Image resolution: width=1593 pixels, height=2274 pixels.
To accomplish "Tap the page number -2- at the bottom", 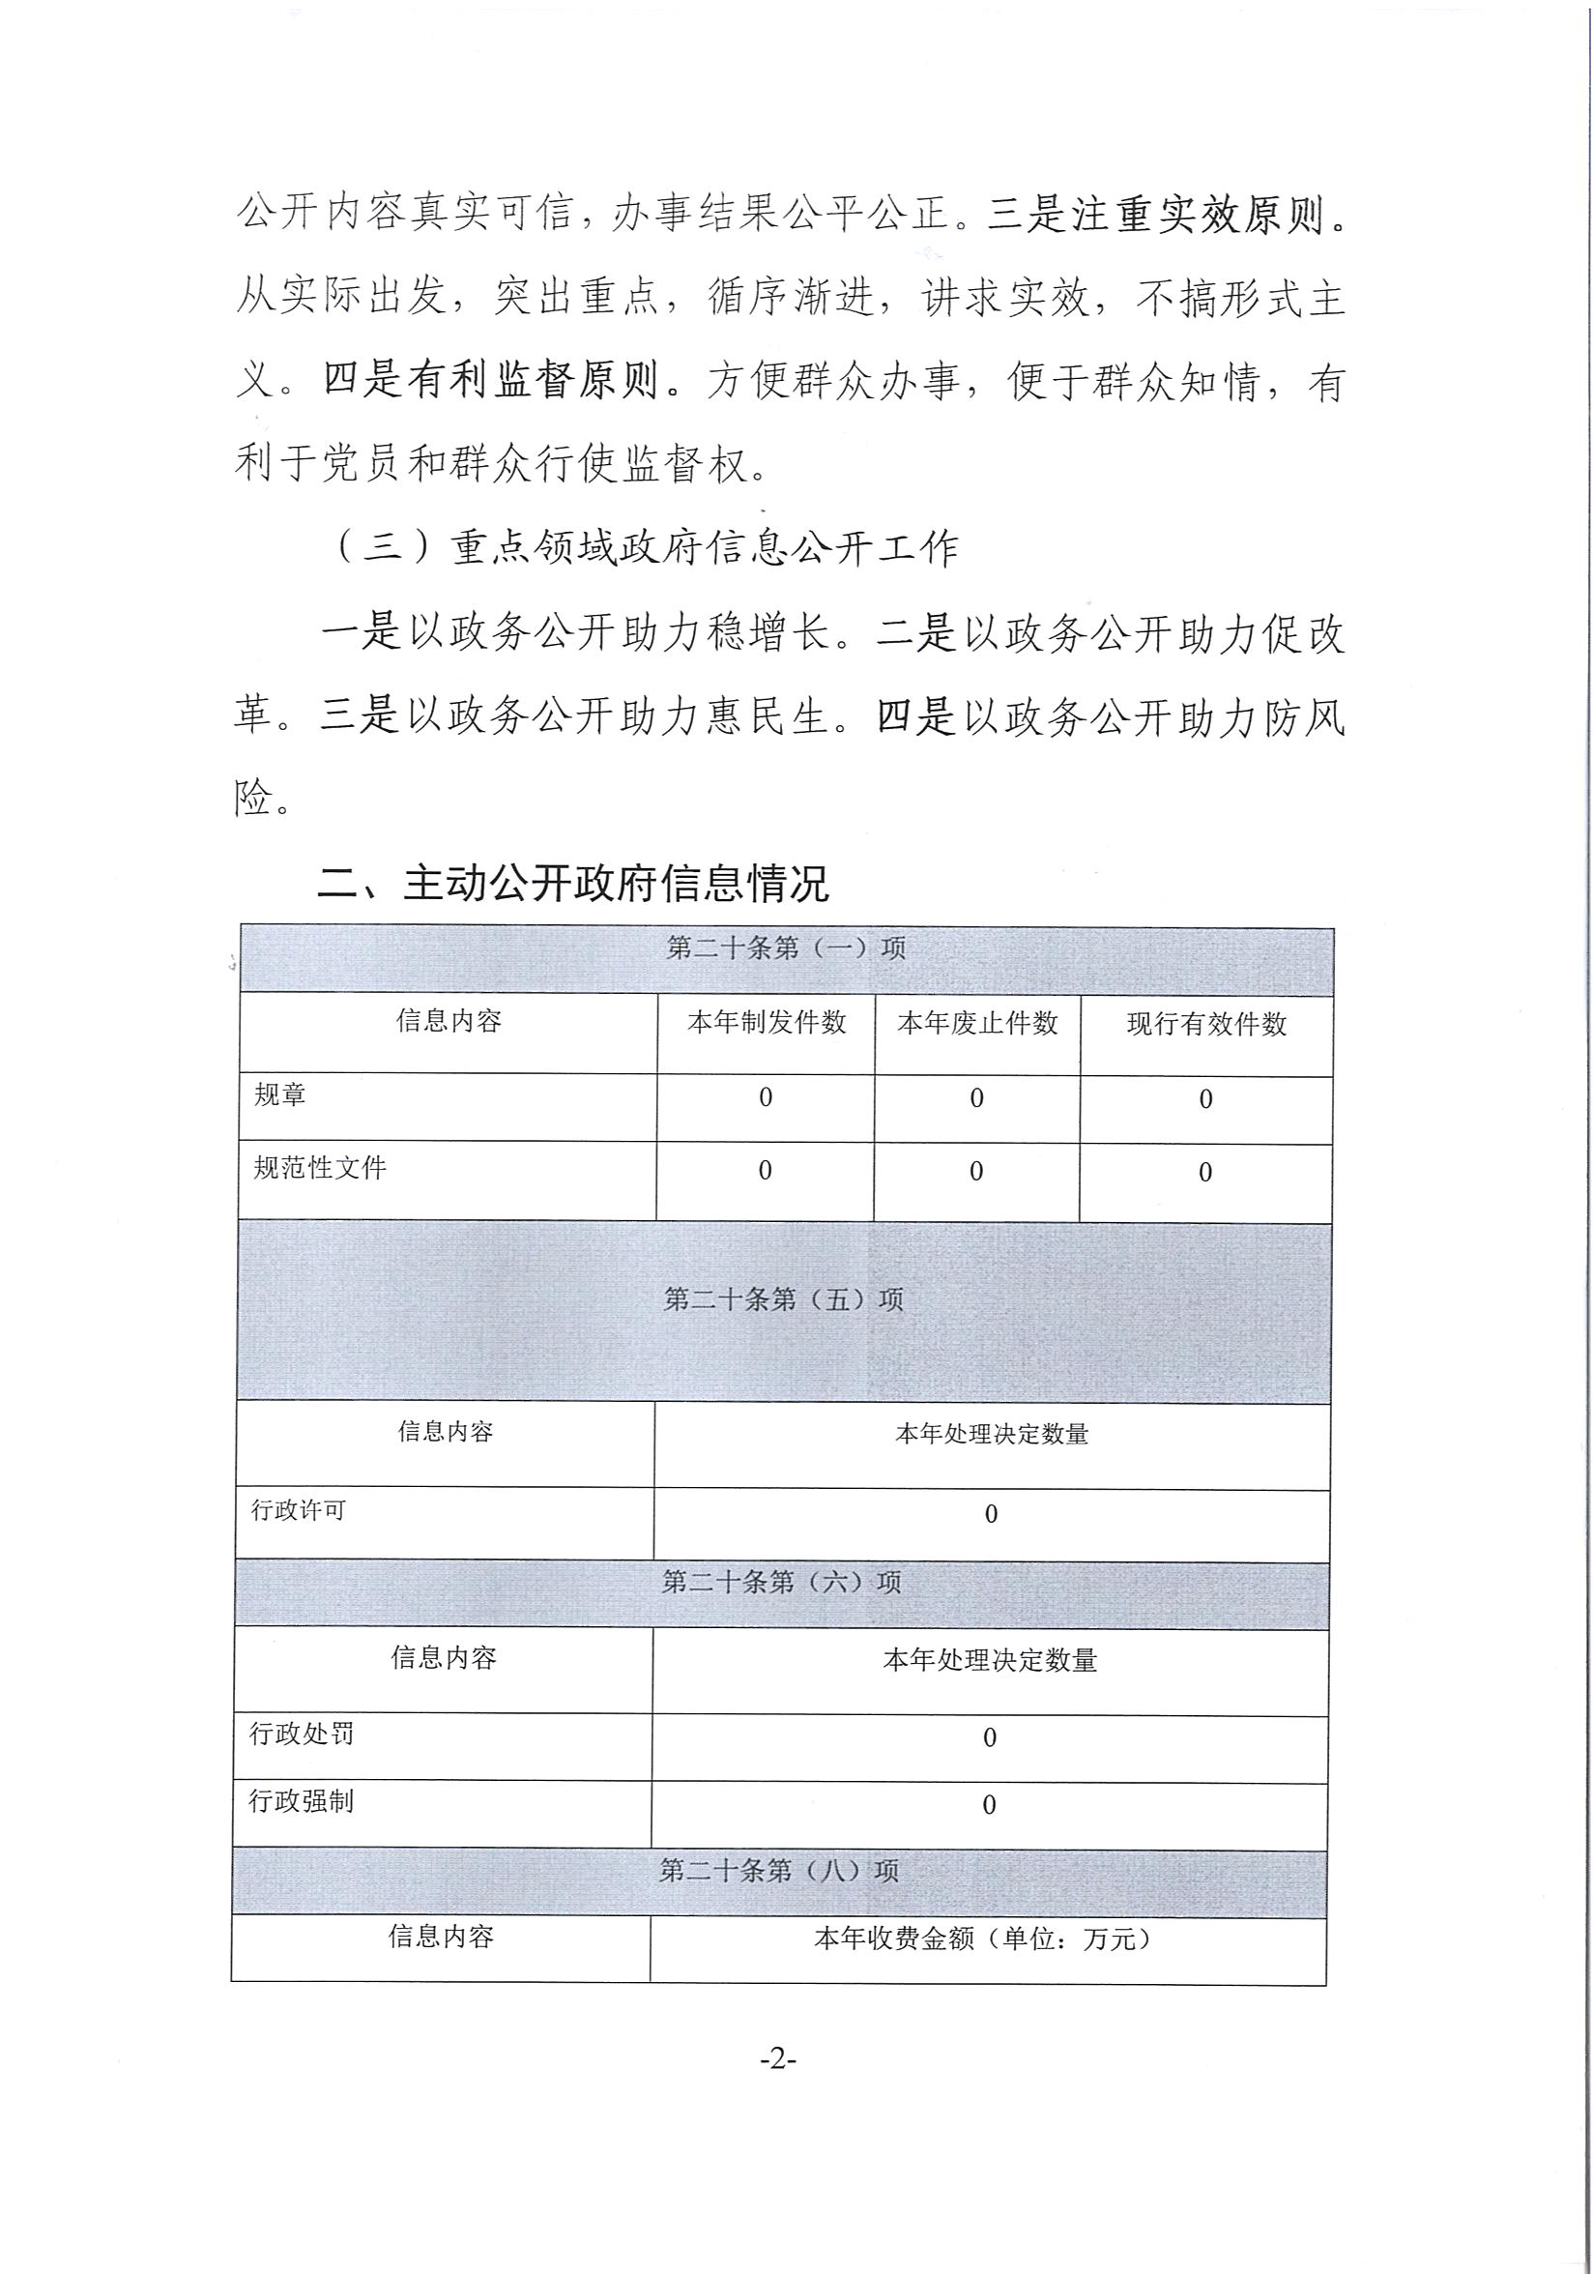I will pos(778,2058).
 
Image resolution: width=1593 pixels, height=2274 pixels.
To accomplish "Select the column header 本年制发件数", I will pos(767,1022).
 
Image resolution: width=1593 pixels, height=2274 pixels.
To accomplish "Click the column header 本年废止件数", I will pos(977,1023).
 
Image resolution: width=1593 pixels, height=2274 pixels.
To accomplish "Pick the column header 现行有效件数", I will pos(1206,1024).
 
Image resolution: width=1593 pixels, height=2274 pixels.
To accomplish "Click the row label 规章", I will pos(280,1094).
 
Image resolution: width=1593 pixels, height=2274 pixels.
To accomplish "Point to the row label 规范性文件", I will pos(320,1168).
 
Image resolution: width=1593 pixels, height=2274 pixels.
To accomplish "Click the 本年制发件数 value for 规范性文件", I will pos(765,1171).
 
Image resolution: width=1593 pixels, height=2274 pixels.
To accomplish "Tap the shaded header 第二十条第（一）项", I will pos(786,947).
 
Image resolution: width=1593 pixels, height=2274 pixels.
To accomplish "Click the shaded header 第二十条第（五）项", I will pos(783,1298).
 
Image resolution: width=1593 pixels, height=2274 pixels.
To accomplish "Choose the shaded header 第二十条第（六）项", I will pos(781,1582).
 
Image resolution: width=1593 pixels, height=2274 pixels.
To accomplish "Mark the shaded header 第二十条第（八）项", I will pos(779,1870).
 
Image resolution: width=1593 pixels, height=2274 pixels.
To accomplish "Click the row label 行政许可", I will pos(298,1510).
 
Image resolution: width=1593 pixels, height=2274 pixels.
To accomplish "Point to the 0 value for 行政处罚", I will pos(989,1737).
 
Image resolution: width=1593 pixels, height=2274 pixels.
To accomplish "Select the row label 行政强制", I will pos(301,1800).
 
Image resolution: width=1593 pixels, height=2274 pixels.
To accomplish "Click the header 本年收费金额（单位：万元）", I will pos(986,1939).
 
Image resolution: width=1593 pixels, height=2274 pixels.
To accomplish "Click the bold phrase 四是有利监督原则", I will pos(492,380).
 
